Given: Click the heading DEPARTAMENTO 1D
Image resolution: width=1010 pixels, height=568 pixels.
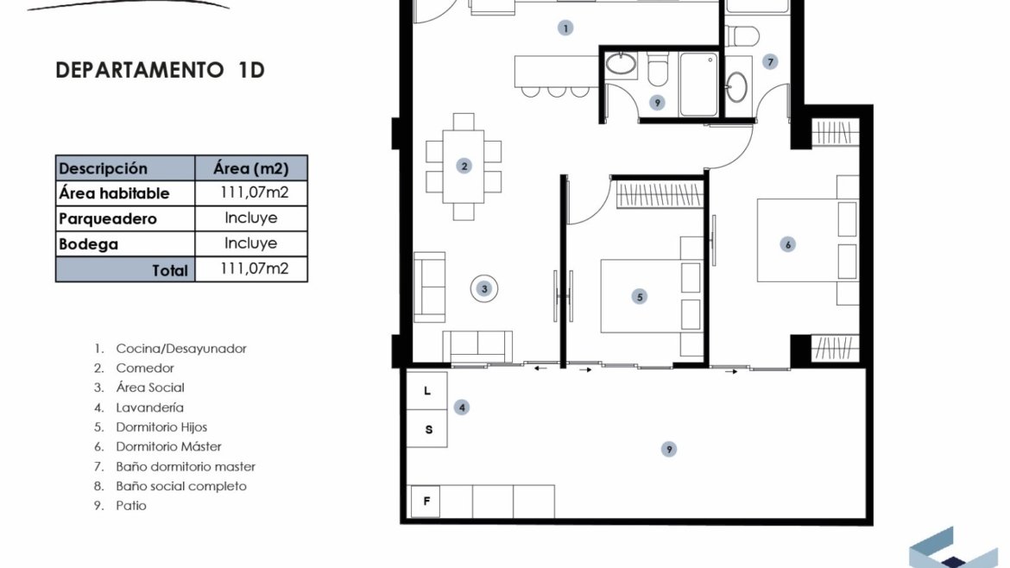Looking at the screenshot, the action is pos(161,70).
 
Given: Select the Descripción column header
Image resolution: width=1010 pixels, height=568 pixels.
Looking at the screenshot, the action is pos(103,168).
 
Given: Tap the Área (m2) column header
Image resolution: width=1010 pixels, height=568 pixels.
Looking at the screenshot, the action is pos(251,168).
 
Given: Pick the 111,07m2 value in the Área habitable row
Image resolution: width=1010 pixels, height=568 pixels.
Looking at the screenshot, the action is pos(254,192).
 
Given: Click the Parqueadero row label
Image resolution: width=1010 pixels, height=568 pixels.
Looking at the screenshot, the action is pos(108,219).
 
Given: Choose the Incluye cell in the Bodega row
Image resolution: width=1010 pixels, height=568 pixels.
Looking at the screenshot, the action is pos(250,243).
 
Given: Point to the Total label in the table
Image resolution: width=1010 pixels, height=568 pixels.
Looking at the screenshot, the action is pos(170,270).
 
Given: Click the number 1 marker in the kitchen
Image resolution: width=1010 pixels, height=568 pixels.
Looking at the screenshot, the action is pos(565,28).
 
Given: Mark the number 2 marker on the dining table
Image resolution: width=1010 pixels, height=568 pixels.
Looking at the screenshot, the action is pos(464,166).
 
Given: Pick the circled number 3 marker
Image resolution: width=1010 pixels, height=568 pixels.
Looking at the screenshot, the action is pos(484,288).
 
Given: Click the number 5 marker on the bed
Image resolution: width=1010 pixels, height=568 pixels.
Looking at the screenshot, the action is pos(640,297).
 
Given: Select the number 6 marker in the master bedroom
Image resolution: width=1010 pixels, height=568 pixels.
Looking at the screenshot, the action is pos(787,244).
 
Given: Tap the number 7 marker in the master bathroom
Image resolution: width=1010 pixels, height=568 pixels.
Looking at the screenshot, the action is pos(770,62).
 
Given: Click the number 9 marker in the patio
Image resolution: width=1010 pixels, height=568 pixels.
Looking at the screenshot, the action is pos(669,449).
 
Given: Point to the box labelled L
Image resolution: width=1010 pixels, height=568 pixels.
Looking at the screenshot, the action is pos(427,391).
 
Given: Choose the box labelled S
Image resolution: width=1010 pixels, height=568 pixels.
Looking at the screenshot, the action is pos(427,429).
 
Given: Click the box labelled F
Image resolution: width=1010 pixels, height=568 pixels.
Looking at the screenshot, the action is pos(426,501).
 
